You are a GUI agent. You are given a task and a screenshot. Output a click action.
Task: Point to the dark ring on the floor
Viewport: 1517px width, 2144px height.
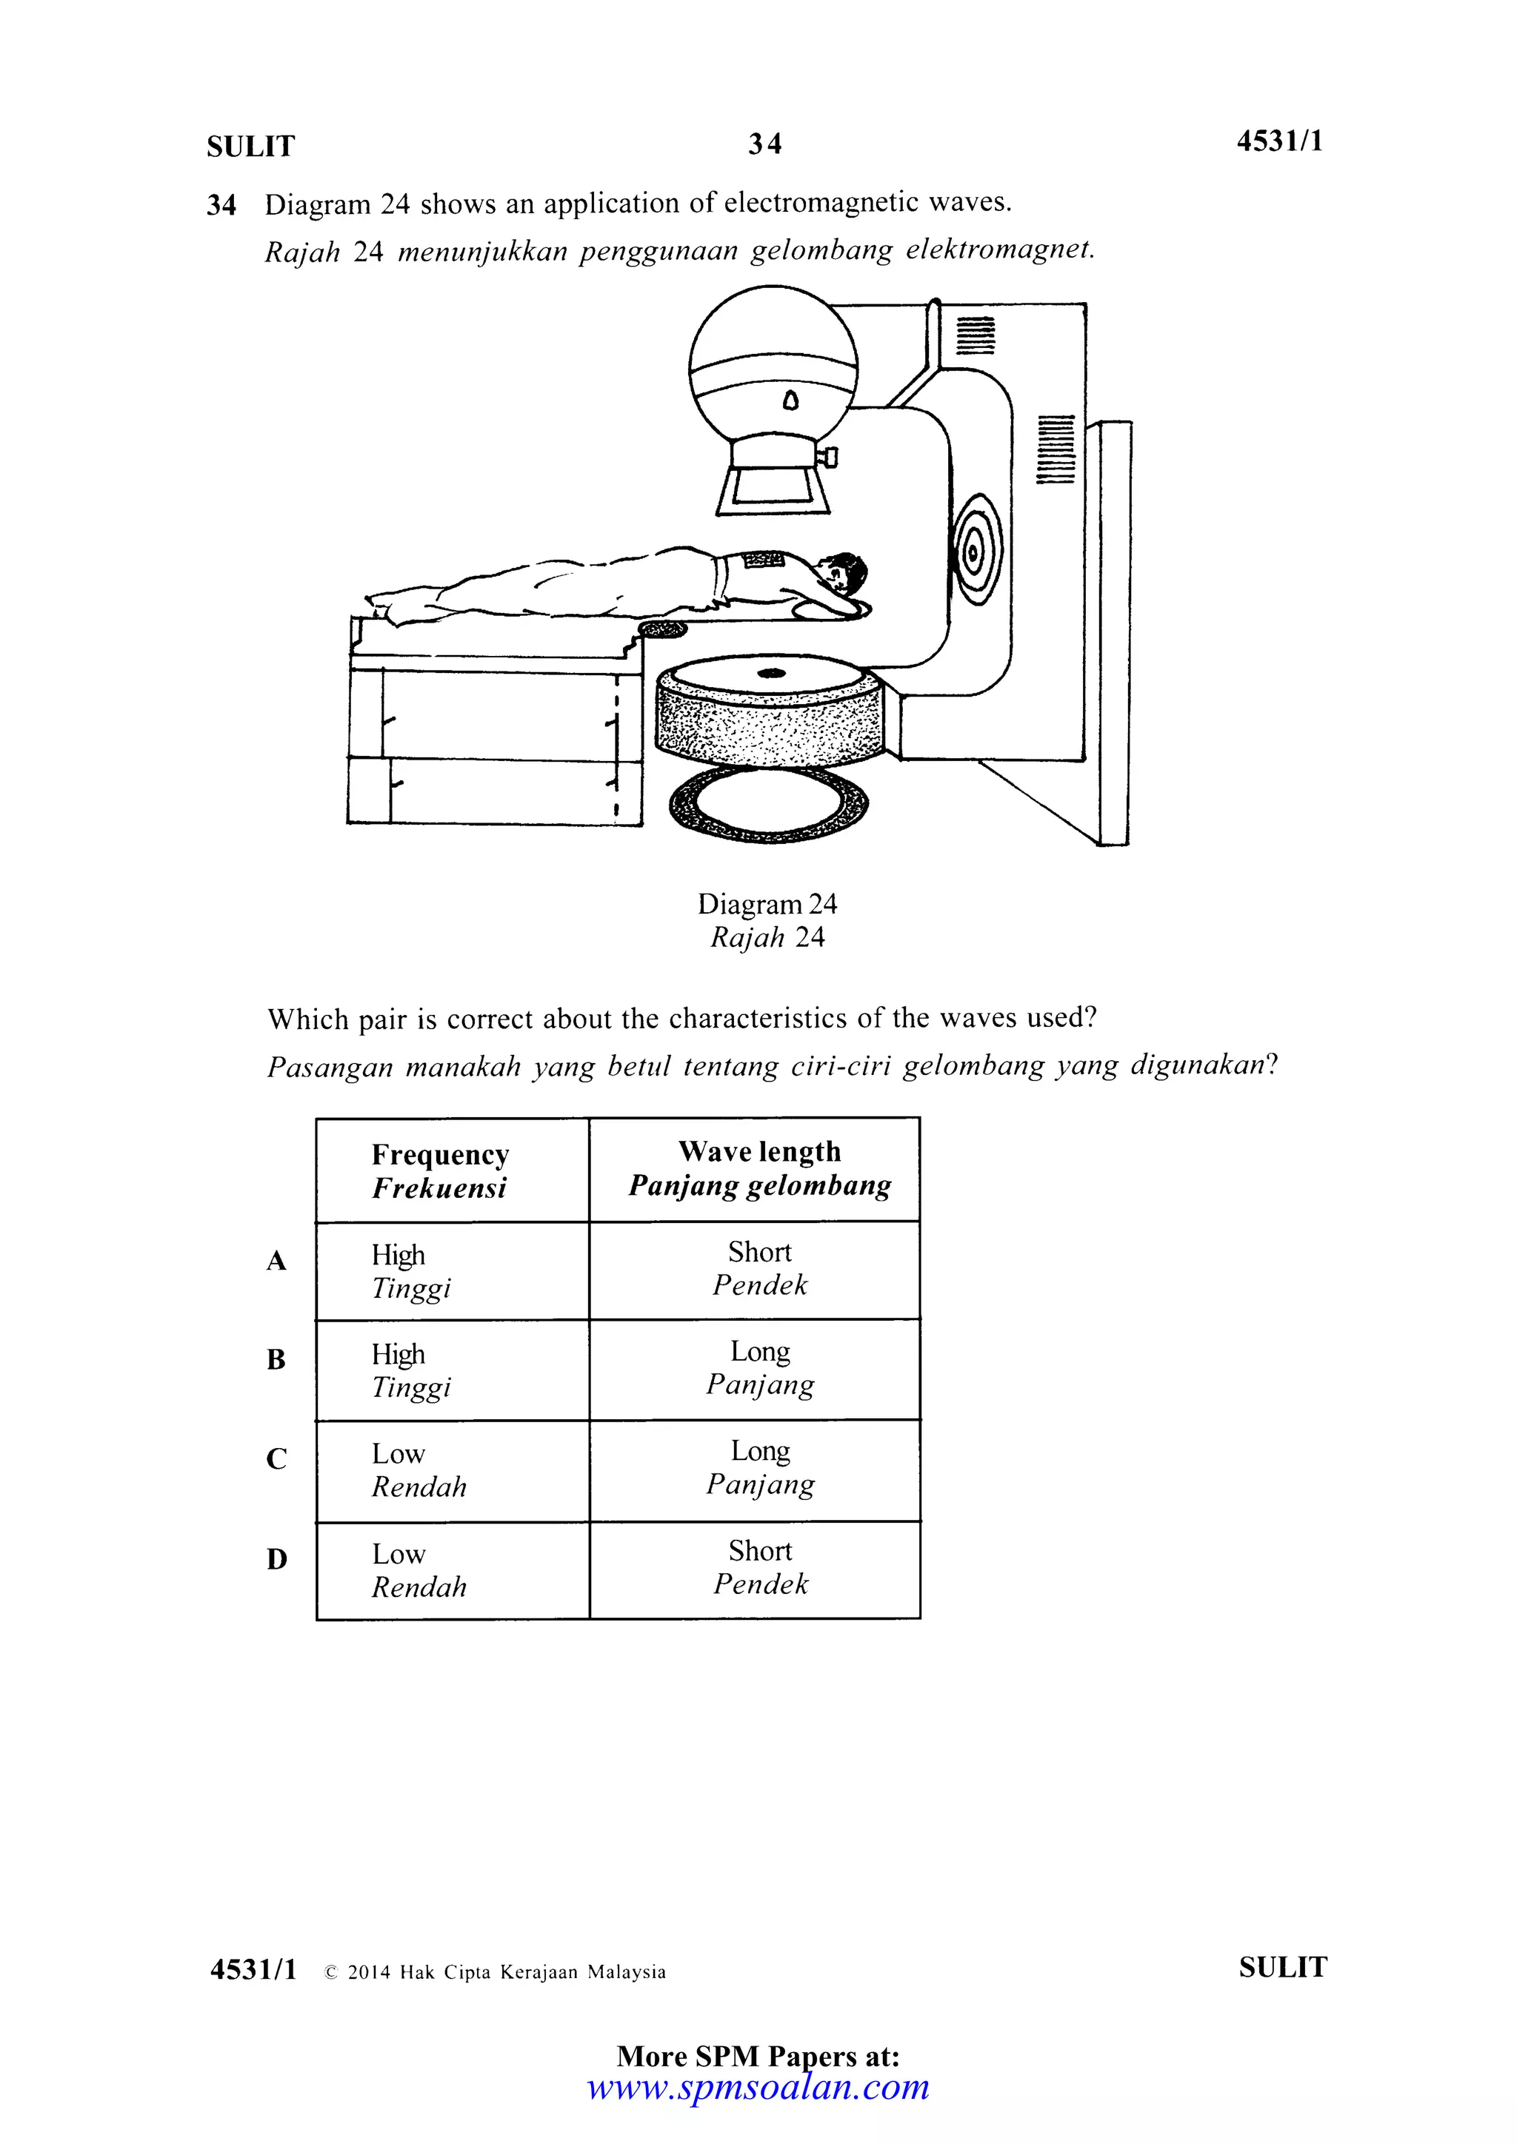[x=769, y=804]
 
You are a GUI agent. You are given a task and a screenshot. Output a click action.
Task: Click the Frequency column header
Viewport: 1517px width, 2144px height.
[x=440, y=1170]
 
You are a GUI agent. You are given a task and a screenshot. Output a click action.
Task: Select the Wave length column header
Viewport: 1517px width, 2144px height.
[x=758, y=1168]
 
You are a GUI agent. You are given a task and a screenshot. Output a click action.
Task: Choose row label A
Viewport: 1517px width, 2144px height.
[x=276, y=1262]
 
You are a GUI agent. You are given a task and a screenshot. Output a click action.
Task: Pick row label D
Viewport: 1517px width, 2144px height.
[x=276, y=1558]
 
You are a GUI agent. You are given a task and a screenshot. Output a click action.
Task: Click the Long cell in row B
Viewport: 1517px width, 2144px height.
[x=759, y=1367]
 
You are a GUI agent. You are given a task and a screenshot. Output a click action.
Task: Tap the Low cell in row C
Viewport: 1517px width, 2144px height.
[x=399, y=1454]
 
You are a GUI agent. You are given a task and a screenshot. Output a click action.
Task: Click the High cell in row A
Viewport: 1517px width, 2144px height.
[x=399, y=1255]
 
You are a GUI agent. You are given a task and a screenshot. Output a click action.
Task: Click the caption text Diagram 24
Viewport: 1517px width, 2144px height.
[x=767, y=904]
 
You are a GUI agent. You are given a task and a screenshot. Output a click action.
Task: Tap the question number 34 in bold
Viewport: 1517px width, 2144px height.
[x=221, y=204]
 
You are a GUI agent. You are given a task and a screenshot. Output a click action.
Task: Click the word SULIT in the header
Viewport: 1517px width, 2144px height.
[x=250, y=147]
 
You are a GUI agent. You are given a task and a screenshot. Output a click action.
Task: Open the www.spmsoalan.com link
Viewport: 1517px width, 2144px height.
[x=758, y=2086]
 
